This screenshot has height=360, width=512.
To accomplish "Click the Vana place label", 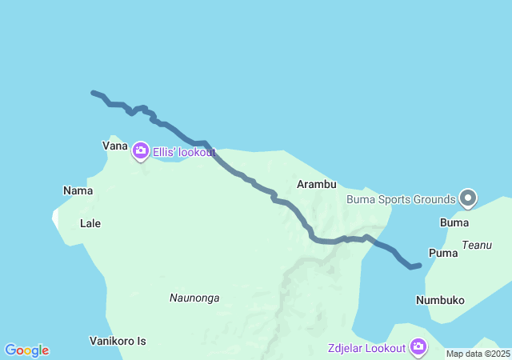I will click(115, 146).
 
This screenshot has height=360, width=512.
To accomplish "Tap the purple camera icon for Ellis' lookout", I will click(141, 150).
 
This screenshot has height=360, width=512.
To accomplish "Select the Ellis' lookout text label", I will click(184, 151).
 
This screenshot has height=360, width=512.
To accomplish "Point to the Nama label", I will click(78, 190).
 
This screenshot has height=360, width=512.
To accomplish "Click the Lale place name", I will click(90, 223).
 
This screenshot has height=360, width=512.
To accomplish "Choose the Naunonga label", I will click(194, 298).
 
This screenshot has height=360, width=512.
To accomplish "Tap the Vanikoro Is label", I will click(118, 341).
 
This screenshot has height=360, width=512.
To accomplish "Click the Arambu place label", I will click(316, 184).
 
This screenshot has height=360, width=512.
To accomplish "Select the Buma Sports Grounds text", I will click(401, 198).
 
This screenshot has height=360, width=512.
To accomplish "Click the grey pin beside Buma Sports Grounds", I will click(468, 198).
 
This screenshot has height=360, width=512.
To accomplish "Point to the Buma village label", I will click(454, 222).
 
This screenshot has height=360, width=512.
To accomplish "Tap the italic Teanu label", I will click(477, 245).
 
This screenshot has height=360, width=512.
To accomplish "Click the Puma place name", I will click(443, 253).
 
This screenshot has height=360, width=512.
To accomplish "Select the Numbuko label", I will click(440, 300).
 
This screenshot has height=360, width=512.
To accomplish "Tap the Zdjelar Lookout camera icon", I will click(418, 346).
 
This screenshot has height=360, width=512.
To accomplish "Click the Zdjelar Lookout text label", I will click(366, 348).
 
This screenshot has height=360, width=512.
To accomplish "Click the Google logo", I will click(27, 350).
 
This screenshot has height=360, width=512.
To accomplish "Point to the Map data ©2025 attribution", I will click(478, 354).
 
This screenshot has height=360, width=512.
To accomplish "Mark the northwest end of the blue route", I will click(94, 93).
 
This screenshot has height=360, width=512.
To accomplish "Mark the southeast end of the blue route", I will click(419, 265).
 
